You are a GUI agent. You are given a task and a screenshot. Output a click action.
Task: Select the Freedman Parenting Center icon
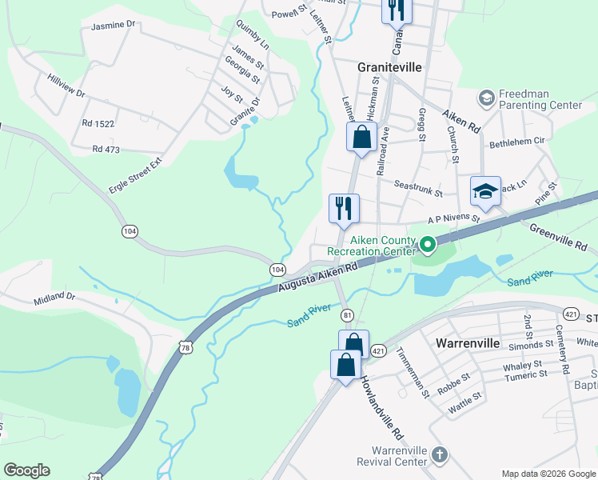[x=486, y=98]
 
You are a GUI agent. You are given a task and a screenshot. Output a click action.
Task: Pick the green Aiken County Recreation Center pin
[x=428, y=245]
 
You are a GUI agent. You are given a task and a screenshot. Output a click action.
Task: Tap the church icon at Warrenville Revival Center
[x=438, y=456]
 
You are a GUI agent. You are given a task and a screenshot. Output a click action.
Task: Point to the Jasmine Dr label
[x=113, y=25]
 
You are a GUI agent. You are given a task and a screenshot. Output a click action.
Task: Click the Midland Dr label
[x=54, y=298]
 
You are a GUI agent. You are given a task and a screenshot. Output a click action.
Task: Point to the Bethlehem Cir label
[x=516, y=140]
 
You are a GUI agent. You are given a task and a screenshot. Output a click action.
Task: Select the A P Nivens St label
[x=453, y=218]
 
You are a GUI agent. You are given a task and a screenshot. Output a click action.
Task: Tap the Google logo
[x=26, y=470]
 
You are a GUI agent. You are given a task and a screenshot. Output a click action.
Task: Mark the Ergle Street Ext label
[x=135, y=175]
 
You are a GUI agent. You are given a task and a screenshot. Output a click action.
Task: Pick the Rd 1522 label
[x=98, y=123]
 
